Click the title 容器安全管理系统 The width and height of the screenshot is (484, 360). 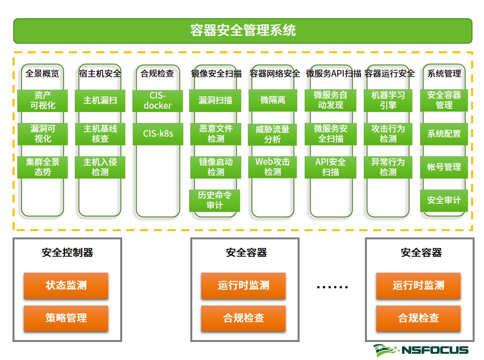point(243,31)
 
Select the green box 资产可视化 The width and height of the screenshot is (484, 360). point(42,100)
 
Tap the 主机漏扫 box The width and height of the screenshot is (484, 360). point(100,100)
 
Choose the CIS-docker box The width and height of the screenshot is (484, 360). point(157,100)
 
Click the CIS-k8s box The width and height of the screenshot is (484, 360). point(157,134)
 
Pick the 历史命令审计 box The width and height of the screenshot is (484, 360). point(215,200)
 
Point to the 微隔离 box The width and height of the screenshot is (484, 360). point(273,100)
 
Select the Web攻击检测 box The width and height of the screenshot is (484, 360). point(273,167)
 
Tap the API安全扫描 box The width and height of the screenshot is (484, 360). point(330,167)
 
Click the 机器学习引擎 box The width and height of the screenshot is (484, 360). point(388,100)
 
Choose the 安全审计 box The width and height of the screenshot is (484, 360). point(444,200)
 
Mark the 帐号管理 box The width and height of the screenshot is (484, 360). point(444,167)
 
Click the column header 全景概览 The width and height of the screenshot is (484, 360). point(42,74)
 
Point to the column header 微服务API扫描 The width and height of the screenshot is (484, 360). point(333,74)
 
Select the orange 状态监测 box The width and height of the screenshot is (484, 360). point(66,286)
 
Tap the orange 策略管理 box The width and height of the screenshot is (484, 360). point(66,318)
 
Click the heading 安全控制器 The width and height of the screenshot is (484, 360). point(67,253)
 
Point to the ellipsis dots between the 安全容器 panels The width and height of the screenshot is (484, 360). point(332,287)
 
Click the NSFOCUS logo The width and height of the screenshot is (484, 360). point(421,350)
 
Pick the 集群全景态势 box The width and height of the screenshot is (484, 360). point(42,167)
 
